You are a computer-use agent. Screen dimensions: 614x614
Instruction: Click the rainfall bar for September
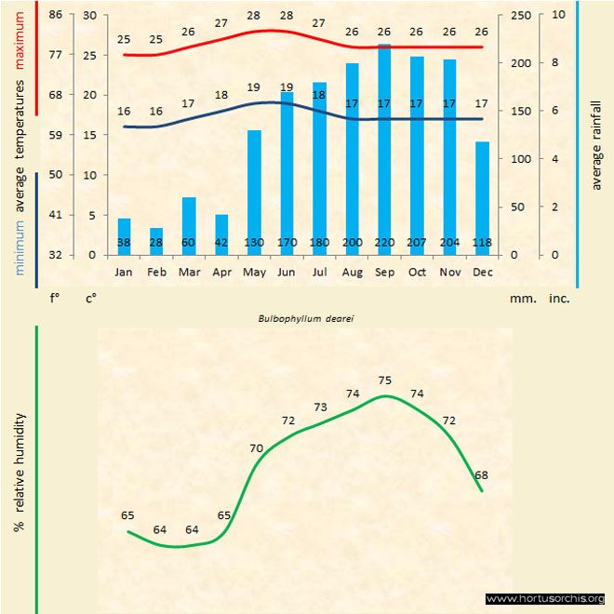[384, 149]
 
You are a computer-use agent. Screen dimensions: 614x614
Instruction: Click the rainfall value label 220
[384, 244]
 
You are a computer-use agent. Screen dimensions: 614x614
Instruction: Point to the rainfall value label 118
[482, 244]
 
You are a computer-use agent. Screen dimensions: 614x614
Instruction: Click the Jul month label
[319, 273]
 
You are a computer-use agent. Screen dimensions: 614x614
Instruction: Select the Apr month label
[221, 273]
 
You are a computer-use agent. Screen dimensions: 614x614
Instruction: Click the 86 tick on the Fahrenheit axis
[56, 15]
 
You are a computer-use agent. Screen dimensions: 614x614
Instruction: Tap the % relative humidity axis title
[20, 472]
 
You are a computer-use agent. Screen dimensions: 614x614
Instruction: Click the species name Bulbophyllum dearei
[308, 317]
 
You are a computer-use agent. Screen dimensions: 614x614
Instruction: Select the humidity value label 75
[385, 380]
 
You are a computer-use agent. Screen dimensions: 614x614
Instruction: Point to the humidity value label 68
[481, 475]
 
